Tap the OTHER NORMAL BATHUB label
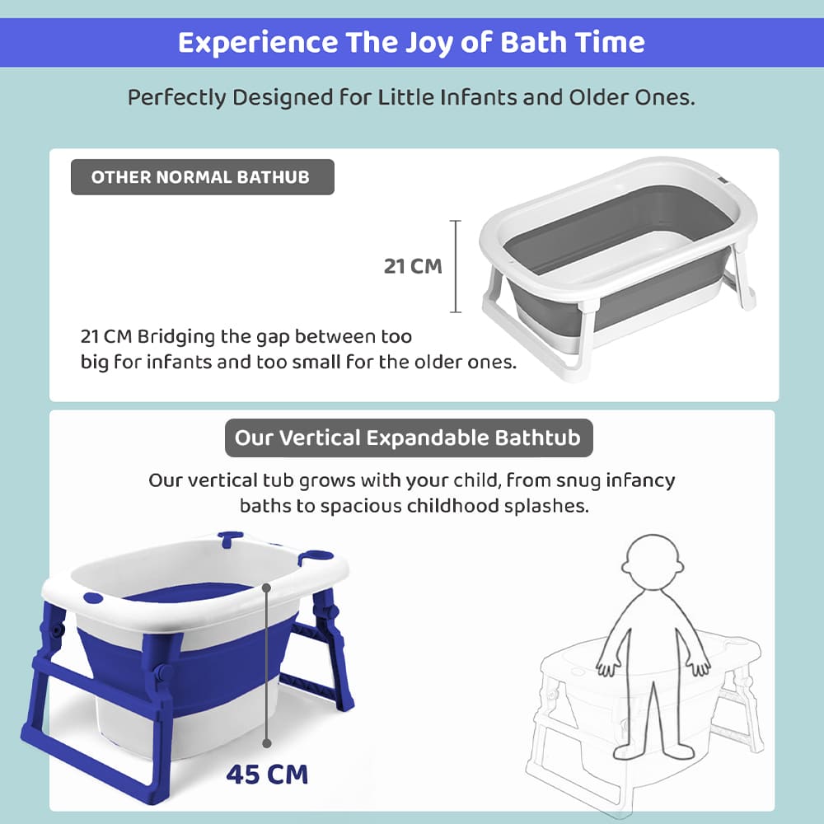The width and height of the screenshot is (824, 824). click(201, 177)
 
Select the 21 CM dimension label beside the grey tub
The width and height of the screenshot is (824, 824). click(413, 266)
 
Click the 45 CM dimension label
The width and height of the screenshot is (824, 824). click(267, 775)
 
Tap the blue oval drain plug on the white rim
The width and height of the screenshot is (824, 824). click(91, 597)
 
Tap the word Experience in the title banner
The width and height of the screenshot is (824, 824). click(255, 43)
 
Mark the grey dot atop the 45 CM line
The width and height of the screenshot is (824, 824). click(267, 588)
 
